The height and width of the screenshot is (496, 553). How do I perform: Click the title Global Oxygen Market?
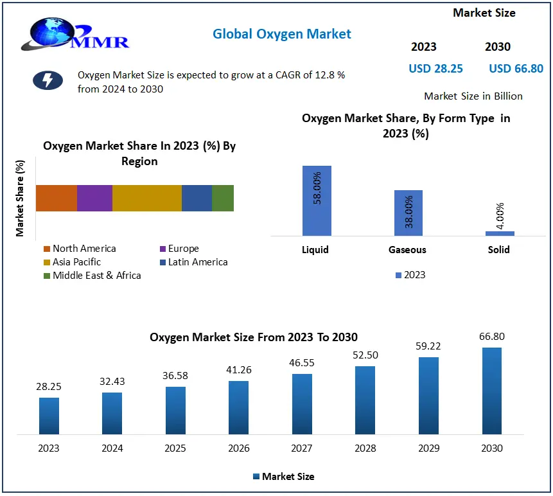click(282, 33)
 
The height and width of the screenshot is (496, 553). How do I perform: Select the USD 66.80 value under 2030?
click(516, 68)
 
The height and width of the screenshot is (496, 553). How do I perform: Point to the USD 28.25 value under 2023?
click(435, 68)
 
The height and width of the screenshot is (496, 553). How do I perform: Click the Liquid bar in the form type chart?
click(317, 200)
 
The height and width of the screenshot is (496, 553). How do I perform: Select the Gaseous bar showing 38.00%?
click(408, 213)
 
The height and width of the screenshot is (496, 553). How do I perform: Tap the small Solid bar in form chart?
click(500, 233)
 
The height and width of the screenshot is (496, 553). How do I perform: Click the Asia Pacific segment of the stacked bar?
click(146, 198)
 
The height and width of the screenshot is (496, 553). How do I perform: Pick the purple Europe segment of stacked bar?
click(94, 198)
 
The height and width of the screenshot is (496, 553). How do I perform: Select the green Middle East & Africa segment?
click(223, 198)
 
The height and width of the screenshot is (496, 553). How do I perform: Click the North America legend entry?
click(80, 249)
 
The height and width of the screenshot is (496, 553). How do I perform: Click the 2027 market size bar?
click(302, 403)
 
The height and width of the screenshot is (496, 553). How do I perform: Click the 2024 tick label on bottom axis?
click(112, 448)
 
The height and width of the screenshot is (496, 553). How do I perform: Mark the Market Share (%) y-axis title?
click(21, 198)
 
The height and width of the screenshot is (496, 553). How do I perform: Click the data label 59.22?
click(428, 346)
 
